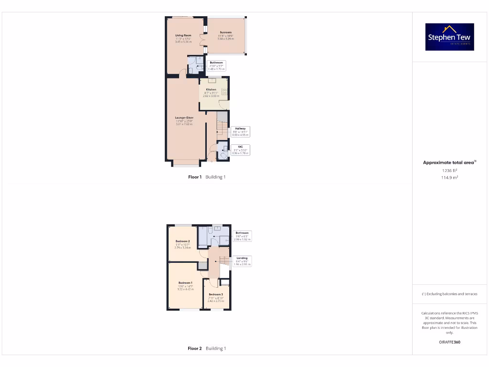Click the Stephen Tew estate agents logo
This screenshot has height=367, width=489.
point(449,37)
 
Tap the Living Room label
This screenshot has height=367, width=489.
point(183,35)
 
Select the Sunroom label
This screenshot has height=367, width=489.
point(226,32)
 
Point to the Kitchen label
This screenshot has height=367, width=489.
point(211,89)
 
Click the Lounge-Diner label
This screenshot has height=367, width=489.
point(184,118)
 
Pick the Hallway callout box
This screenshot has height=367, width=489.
point(240,131)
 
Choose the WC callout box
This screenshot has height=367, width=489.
point(240,150)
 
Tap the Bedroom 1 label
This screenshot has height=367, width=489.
point(185,283)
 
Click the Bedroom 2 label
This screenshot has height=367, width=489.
point(183,241)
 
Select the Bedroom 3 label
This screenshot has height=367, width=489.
point(215,294)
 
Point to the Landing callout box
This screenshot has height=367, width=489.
point(242,261)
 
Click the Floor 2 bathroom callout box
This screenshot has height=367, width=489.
point(242,236)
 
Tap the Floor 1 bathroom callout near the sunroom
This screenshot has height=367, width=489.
point(216,65)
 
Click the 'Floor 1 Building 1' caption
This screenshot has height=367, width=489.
point(207,177)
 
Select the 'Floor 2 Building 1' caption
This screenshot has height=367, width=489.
point(207,348)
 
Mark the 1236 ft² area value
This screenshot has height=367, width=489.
point(449,170)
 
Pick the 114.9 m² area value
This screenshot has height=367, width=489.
point(449,177)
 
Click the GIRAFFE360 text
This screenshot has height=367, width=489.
point(449,342)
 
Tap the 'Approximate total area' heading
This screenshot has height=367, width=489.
point(449,162)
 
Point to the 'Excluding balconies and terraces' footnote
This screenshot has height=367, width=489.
point(449,294)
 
